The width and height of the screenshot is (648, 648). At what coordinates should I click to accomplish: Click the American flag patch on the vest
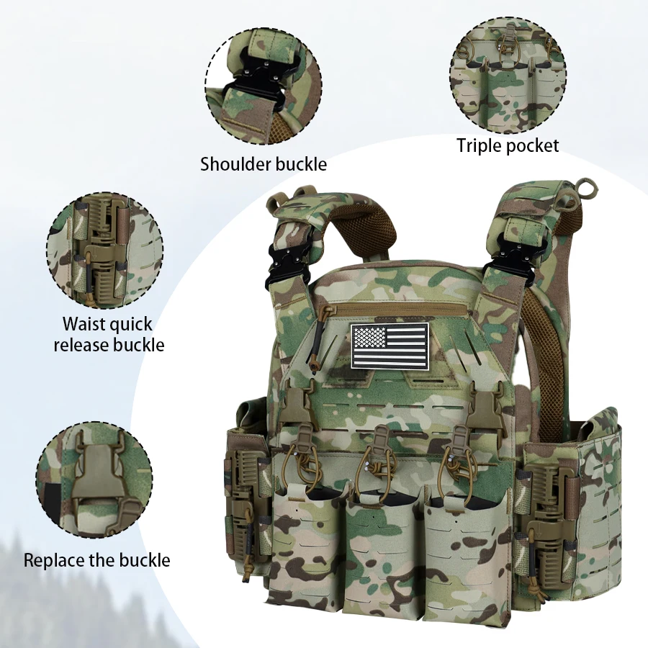click(390, 346)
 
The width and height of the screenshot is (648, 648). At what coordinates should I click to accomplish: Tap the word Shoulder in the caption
click(235, 164)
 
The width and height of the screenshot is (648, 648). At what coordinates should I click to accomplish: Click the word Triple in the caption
click(479, 146)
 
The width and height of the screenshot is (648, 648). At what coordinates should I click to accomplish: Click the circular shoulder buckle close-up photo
click(264, 86)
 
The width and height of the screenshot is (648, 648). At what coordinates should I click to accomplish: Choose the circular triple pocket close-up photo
click(508, 75)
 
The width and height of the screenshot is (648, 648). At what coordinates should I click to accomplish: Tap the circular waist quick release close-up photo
click(105, 251)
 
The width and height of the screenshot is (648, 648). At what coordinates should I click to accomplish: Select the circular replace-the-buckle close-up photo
click(94, 480)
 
